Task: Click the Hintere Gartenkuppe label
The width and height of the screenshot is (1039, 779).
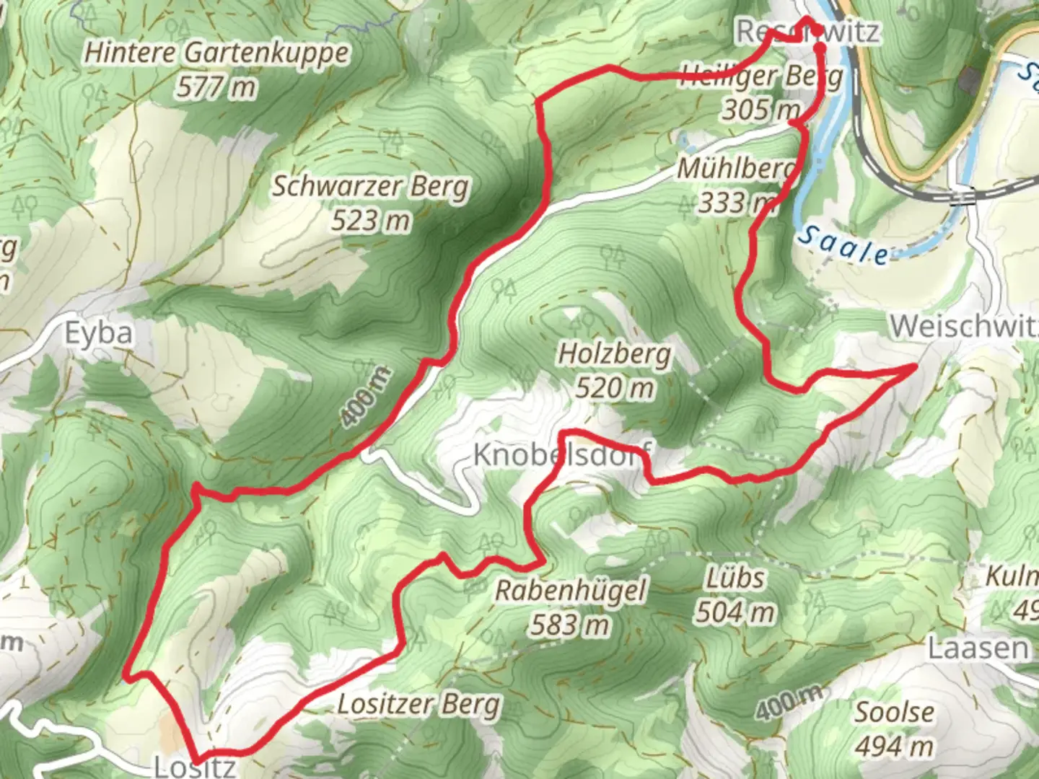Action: click(x=216, y=53)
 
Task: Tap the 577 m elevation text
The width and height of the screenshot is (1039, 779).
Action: click(x=216, y=87)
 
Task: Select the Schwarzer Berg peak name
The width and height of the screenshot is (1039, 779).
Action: click(x=370, y=186)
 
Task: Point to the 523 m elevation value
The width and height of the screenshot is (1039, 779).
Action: click(x=370, y=220)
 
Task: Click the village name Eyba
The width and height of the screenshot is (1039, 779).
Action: click(x=99, y=333)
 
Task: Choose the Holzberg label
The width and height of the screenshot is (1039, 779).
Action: click(x=615, y=354)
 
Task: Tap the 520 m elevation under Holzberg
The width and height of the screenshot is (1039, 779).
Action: click(x=615, y=388)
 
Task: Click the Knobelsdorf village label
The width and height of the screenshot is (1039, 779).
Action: click(x=561, y=455)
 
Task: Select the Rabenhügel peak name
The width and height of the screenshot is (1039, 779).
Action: click(x=570, y=591)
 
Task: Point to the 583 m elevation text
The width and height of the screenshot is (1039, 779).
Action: click(x=570, y=625)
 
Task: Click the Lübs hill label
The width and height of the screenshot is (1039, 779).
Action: click(x=735, y=578)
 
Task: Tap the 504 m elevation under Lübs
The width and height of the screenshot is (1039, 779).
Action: click(x=735, y=612)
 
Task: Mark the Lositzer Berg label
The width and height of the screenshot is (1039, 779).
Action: click(x=418, y=703)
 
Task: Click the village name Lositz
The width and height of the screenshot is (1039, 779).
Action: click(x=195, y=766)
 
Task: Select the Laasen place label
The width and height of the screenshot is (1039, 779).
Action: click(x=978, y=648)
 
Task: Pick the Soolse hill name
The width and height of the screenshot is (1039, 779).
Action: click(x=894, y=712)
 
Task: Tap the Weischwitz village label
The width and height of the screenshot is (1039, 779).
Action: click(x=964, y=326)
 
